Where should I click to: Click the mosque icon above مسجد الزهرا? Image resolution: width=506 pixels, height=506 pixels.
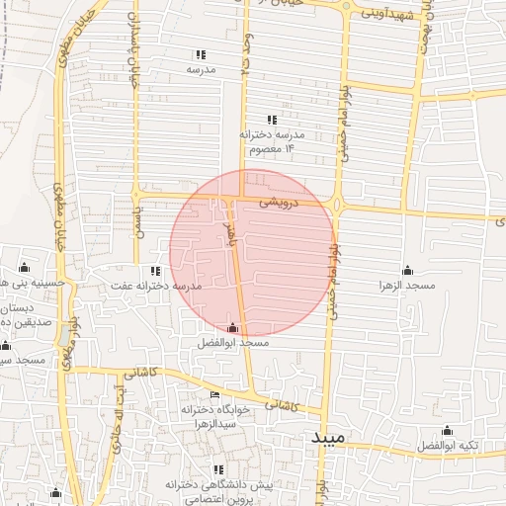click(407, 270)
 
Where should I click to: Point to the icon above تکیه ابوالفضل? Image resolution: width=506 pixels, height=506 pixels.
click(447, 430)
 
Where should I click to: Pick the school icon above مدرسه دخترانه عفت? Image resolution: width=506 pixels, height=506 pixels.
click(154, 271)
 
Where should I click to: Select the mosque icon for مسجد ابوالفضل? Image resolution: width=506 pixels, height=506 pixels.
click(233, 327)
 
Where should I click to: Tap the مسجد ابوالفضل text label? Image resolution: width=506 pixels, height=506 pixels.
click(233, 342)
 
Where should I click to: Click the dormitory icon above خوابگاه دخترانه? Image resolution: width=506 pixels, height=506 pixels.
click(215, 394)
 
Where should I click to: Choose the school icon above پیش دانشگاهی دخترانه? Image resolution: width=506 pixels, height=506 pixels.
click(218, 470)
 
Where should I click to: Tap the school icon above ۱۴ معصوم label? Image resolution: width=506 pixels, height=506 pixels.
click(272, 120)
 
